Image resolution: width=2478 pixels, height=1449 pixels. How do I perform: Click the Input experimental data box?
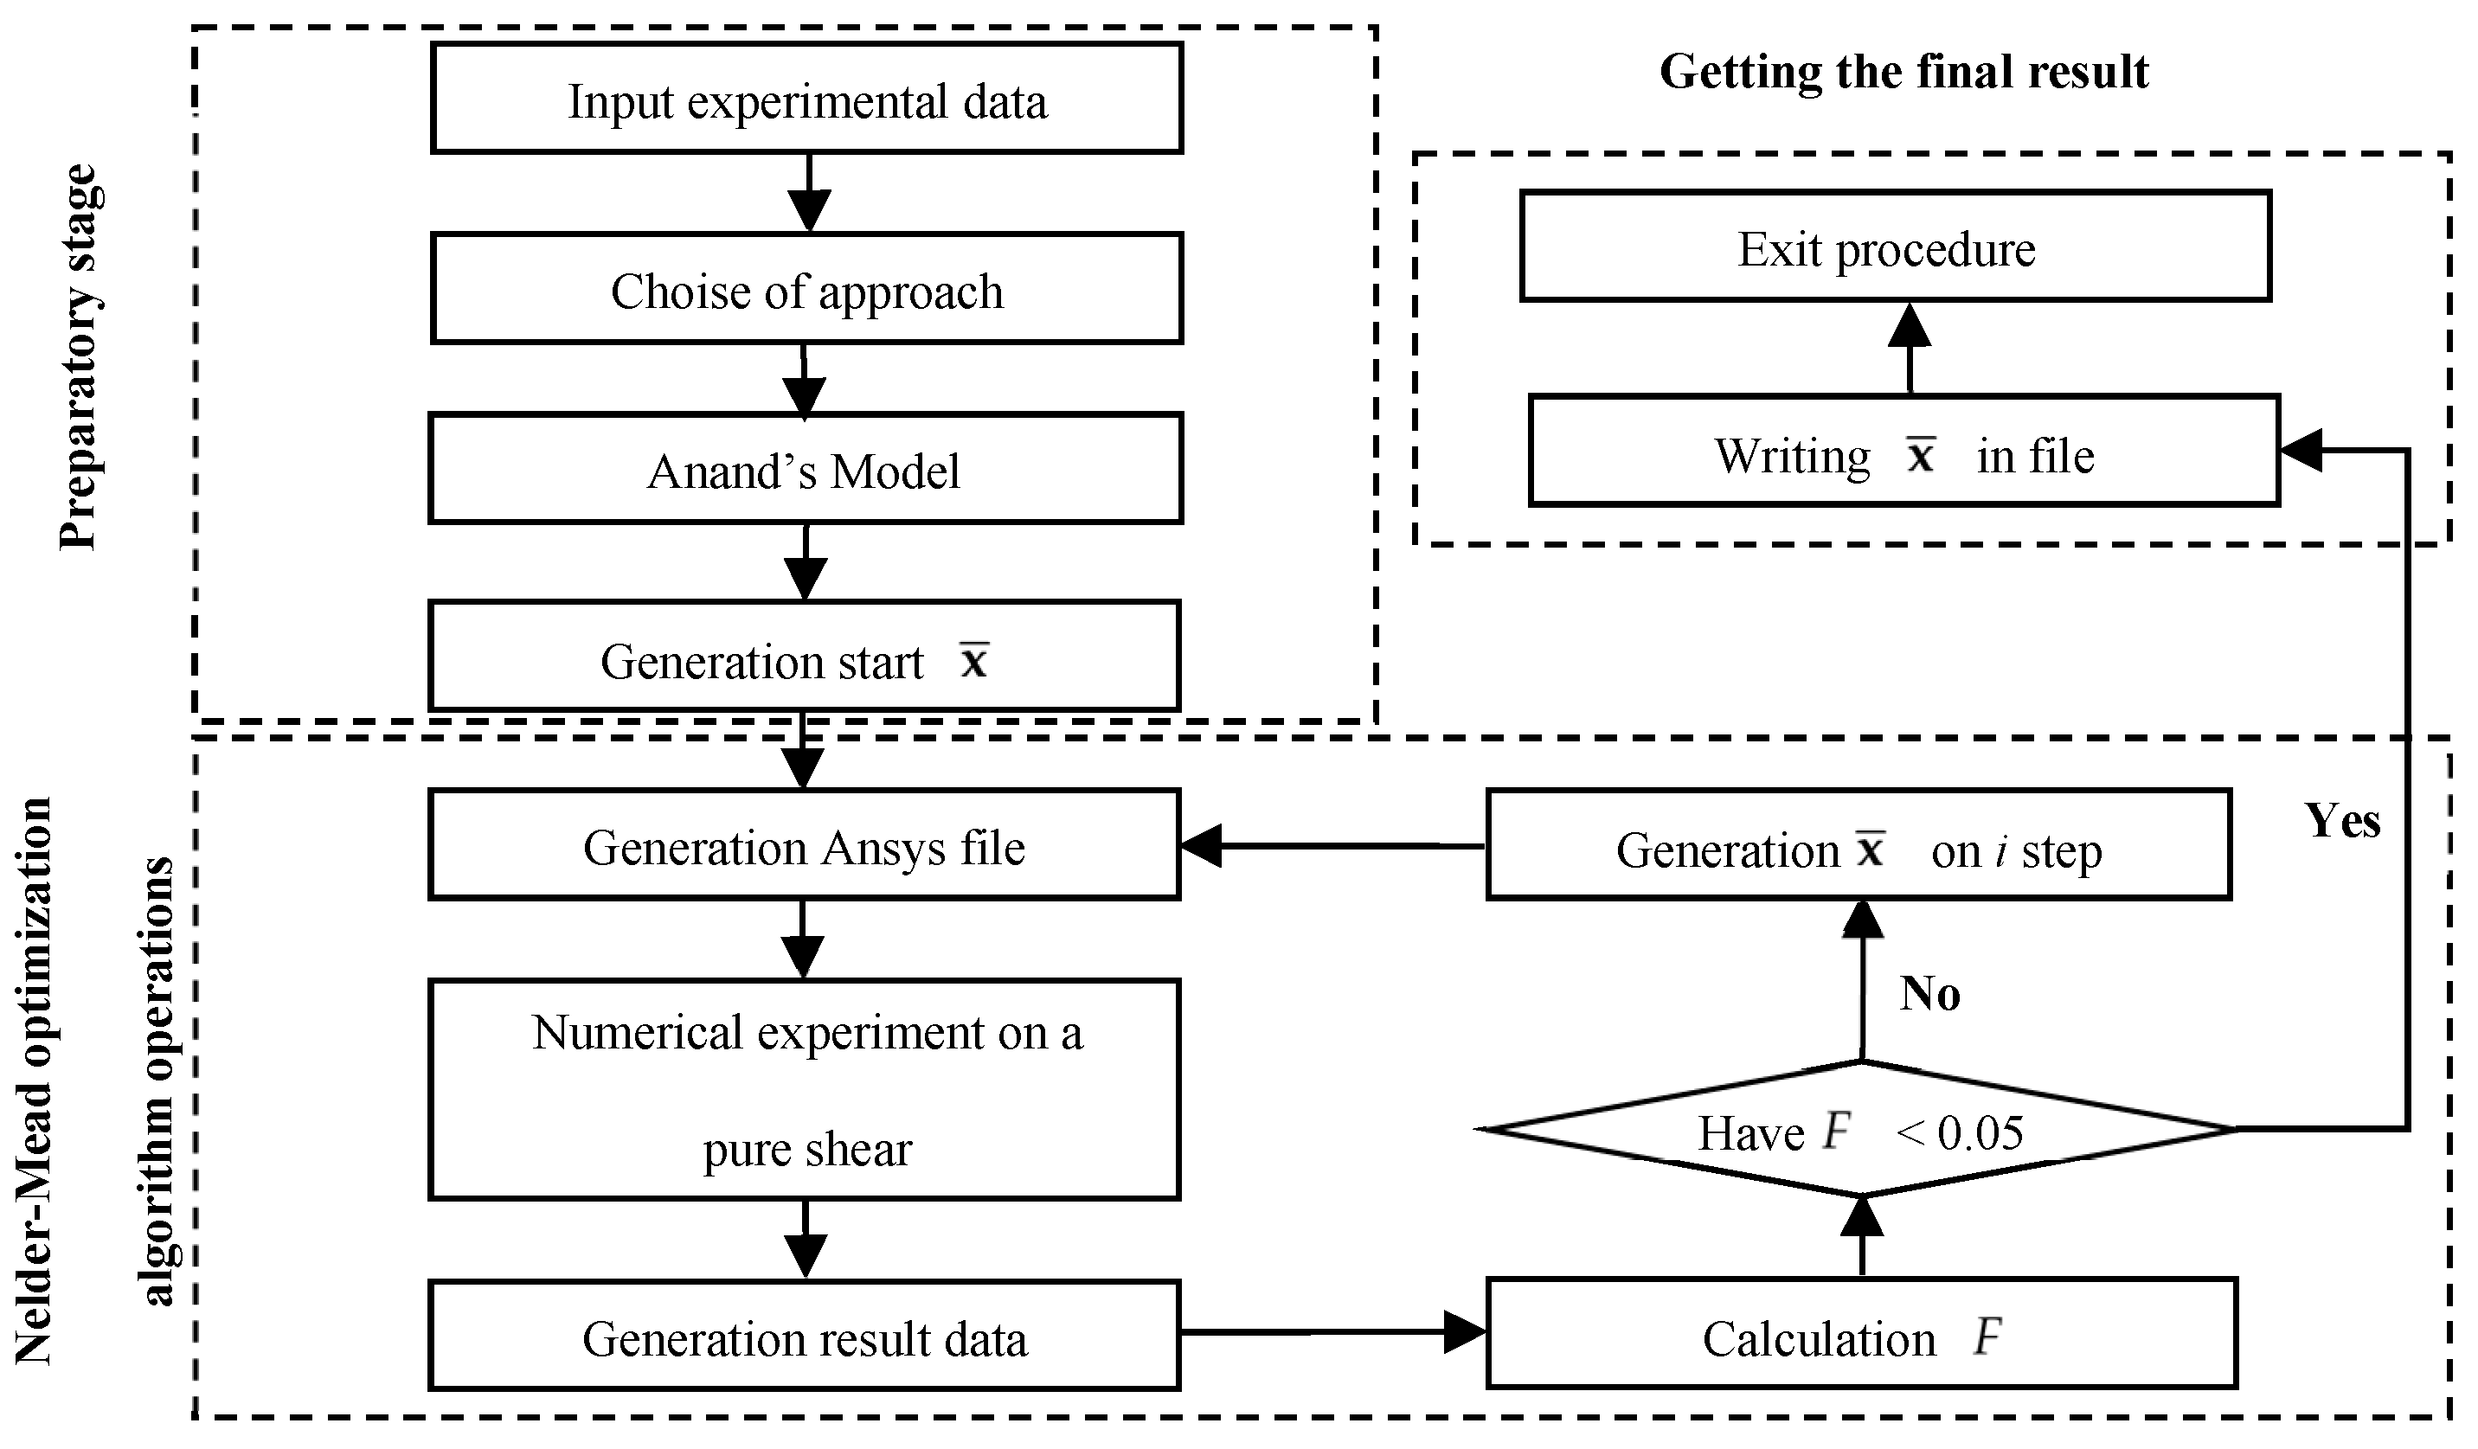tap(806, 99)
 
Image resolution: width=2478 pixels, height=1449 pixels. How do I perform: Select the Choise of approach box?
tap(806, 289)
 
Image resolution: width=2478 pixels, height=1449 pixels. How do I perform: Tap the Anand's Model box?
tap(805, 469)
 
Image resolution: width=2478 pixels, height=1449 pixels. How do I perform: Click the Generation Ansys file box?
tap(804, 845)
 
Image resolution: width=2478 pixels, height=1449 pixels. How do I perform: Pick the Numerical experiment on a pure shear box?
tap(804, 1089)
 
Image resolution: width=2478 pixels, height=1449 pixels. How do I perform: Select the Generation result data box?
tap(804, 1336)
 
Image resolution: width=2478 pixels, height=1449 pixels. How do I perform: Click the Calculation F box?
tap(1861, 1335)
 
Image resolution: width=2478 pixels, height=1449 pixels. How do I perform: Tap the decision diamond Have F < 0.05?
tap(1858, 1131)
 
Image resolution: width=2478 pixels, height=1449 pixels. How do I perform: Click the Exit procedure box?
tap(1895, 247)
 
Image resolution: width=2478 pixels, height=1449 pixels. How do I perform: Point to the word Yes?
tap(2342, 820)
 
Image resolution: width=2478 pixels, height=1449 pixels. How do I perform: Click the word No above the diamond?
tap(1929, 993)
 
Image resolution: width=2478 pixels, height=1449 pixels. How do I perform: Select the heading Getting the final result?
tap(1903, 72)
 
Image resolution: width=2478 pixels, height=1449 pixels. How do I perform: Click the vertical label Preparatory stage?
tap(79, 359)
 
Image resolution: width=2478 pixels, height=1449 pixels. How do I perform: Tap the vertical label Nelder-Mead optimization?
tap(35, 1081)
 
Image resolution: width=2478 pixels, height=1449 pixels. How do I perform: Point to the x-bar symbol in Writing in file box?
tap(1921, 454)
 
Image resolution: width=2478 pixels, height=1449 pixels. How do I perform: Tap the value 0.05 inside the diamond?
tap(1980, 1132)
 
